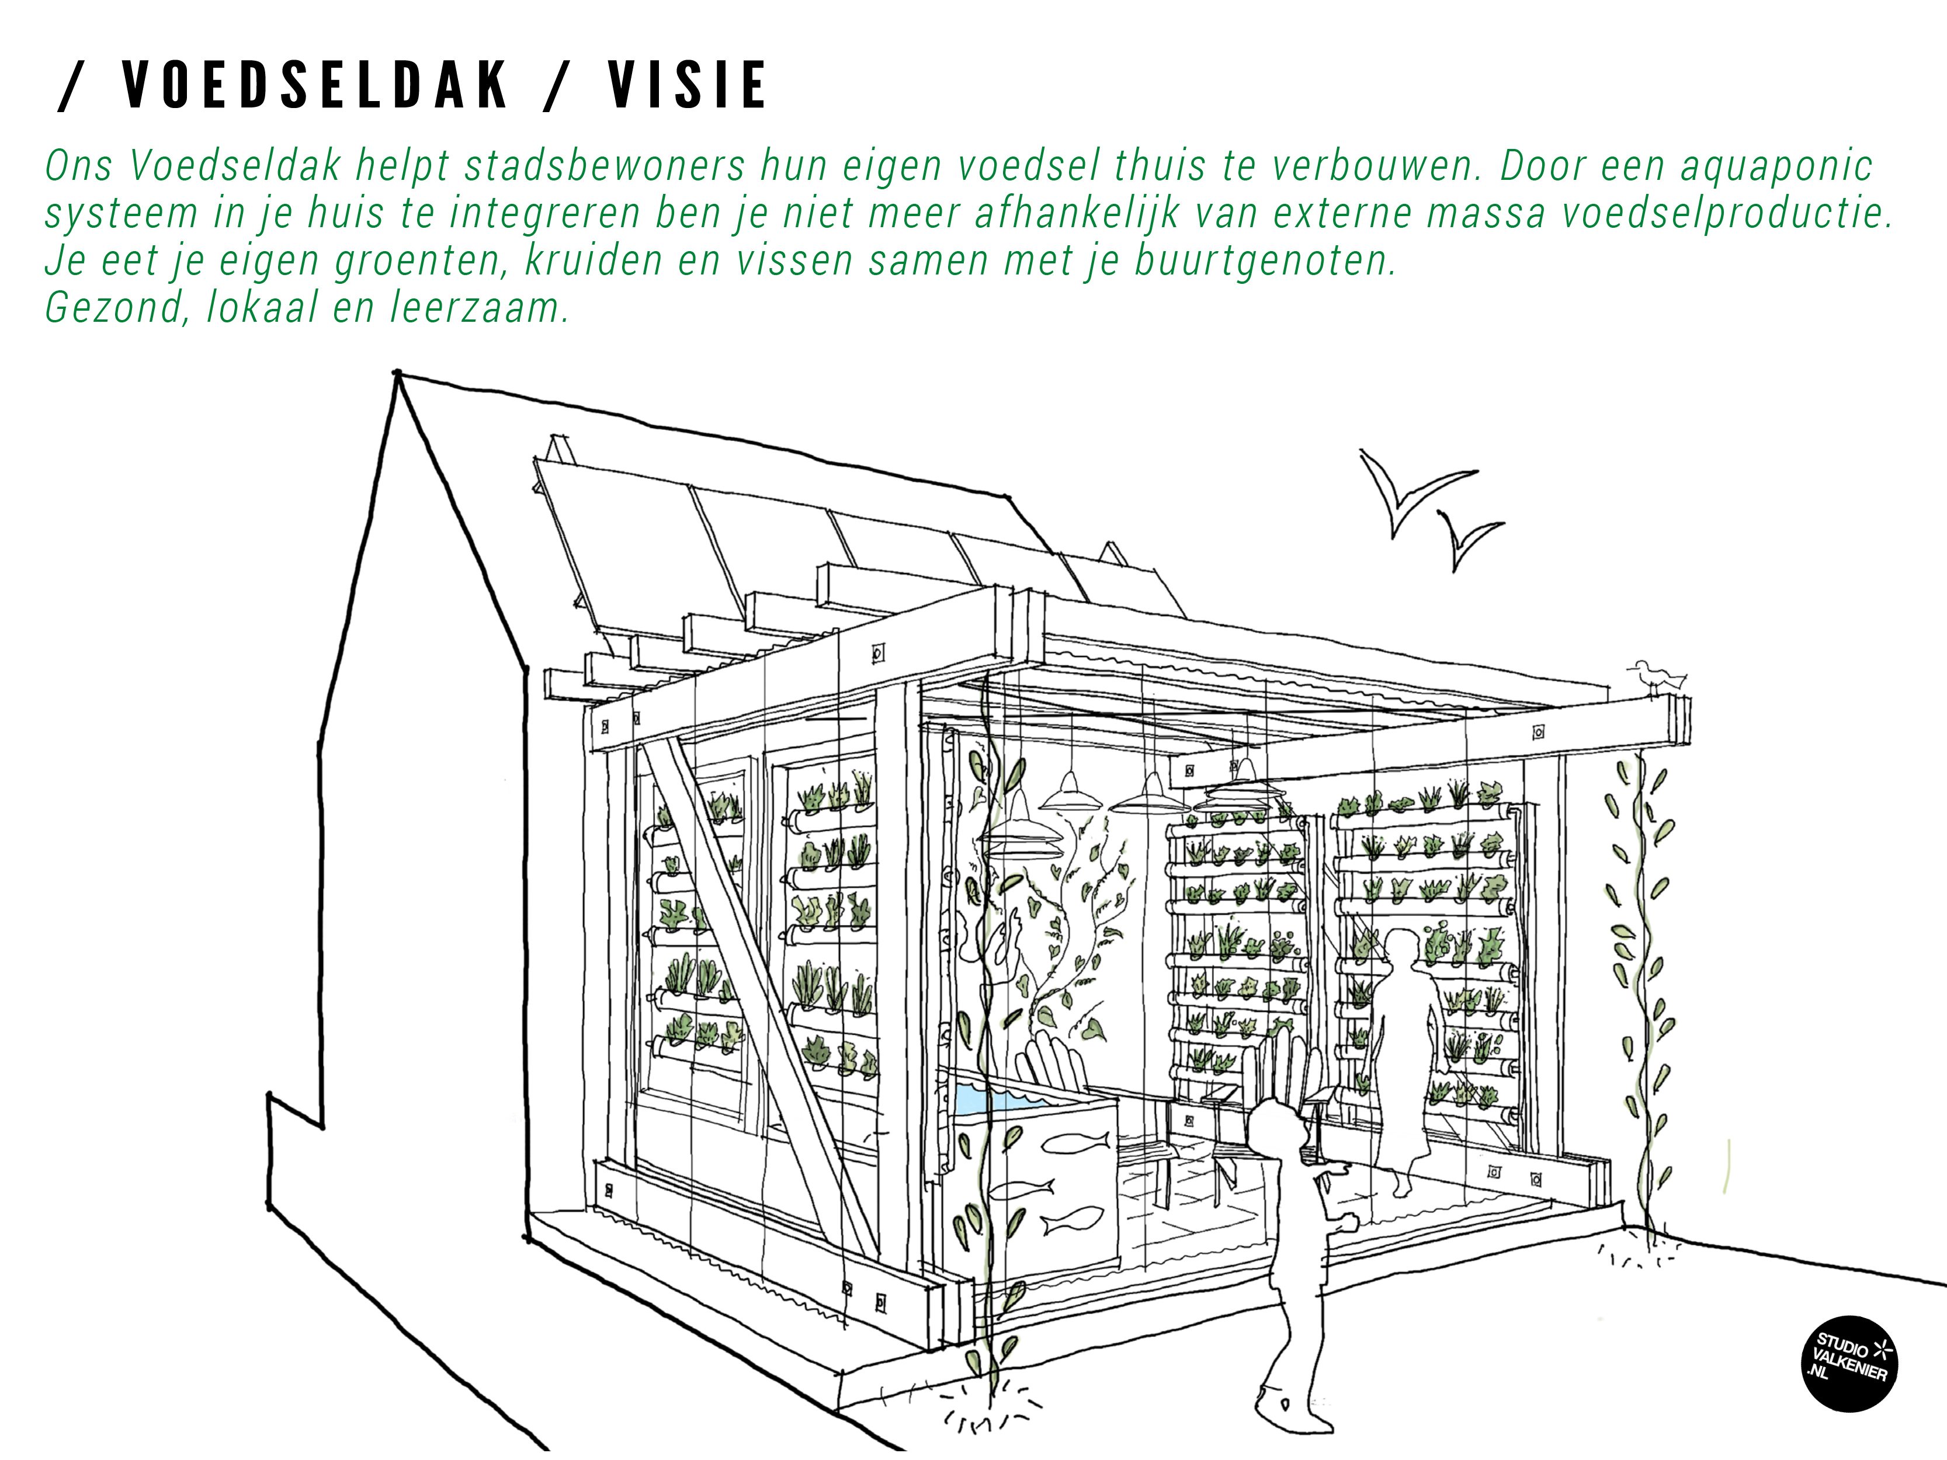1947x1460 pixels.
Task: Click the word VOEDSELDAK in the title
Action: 315,85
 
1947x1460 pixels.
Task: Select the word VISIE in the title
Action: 688,85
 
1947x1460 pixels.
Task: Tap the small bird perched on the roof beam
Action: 1658,676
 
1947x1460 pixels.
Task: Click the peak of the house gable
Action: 398,374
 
